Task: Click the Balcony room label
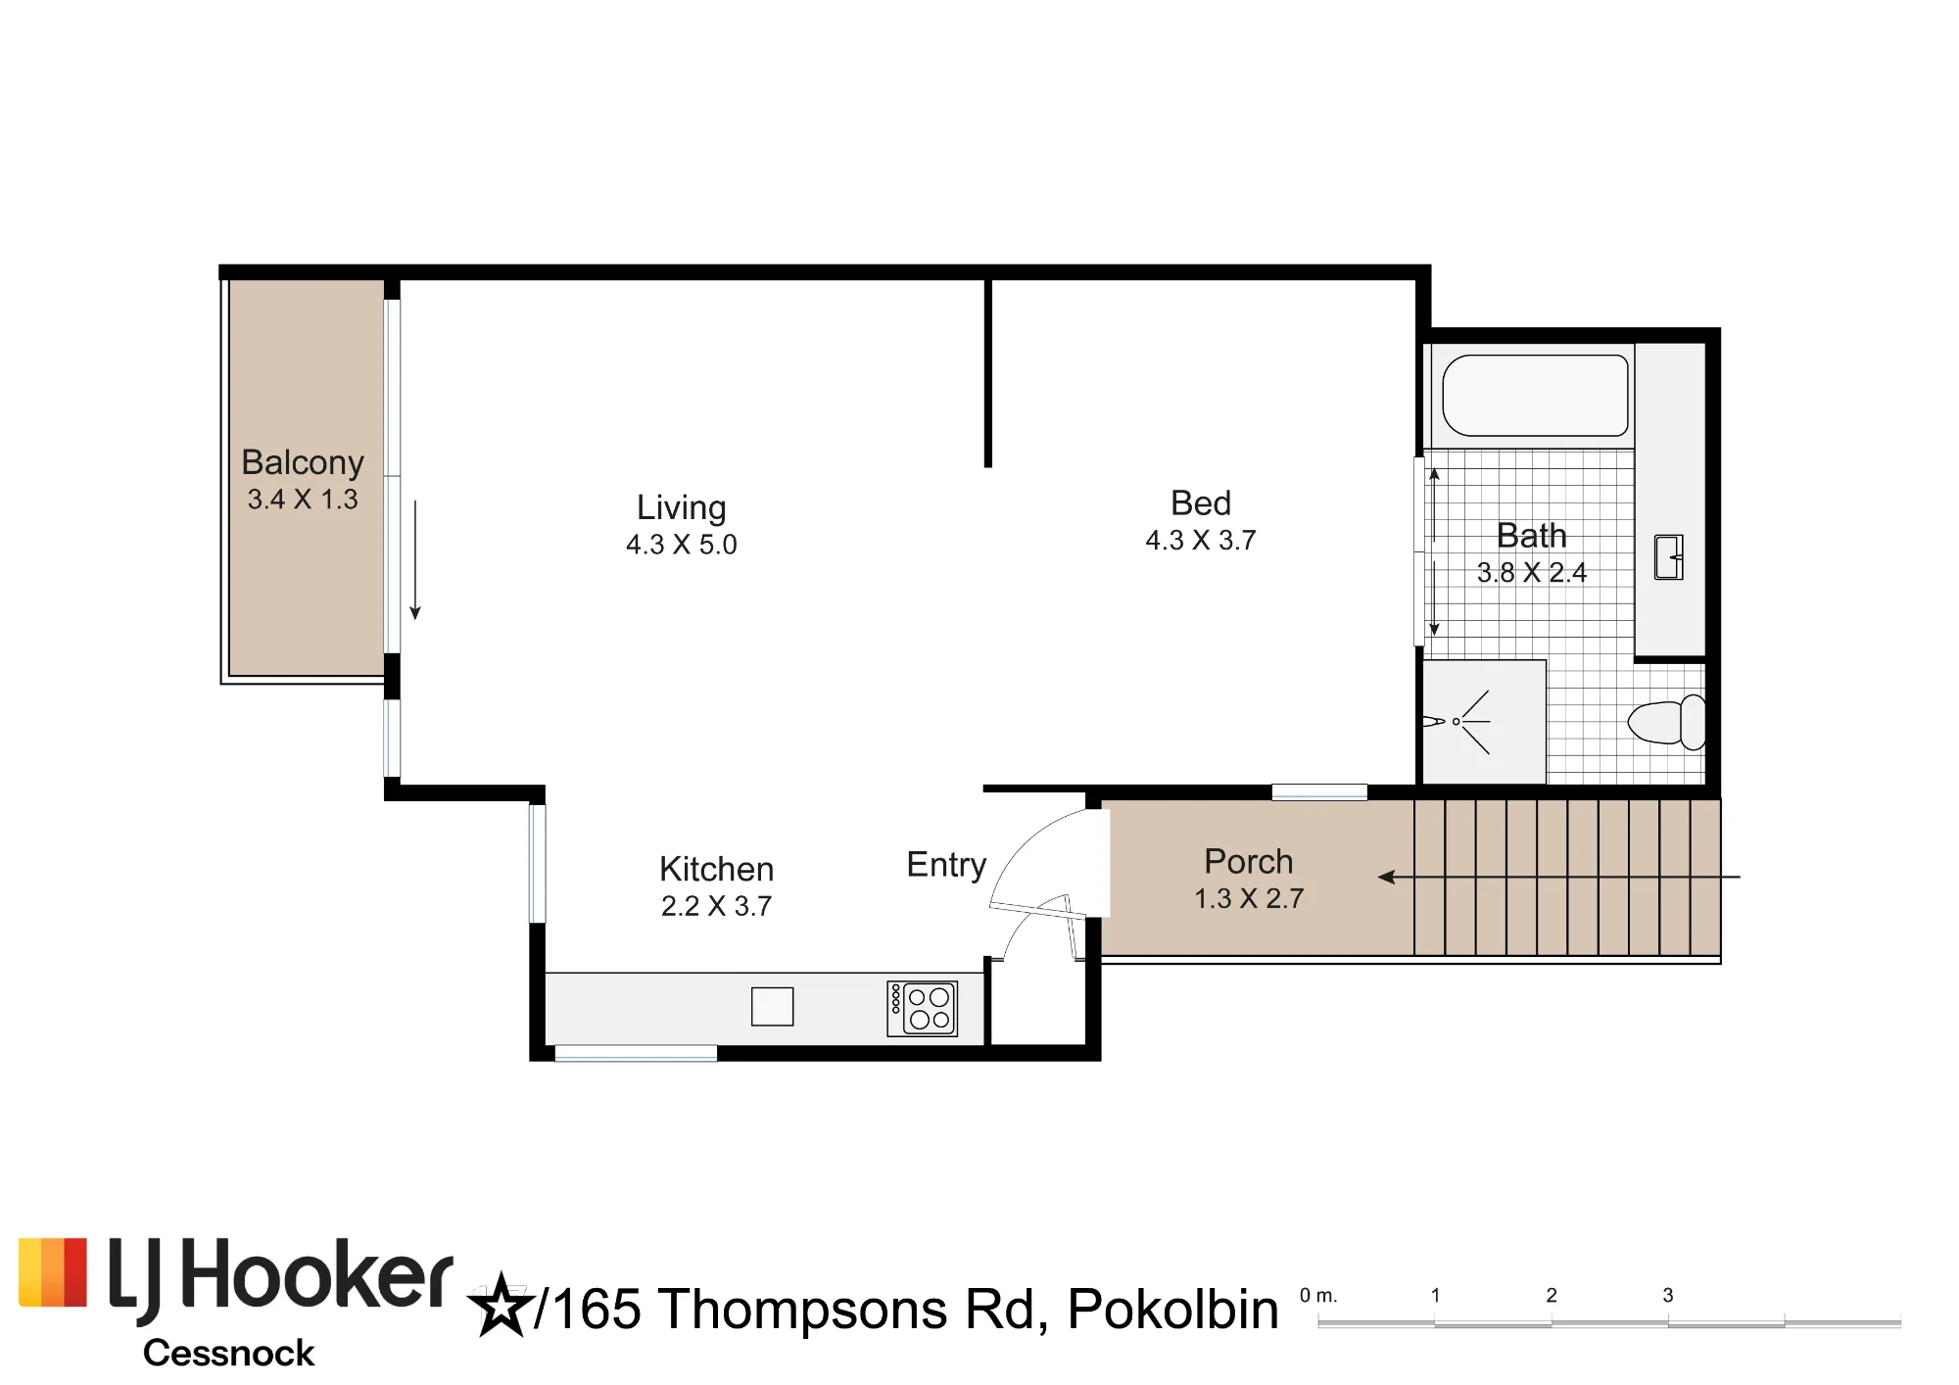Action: [303, 462]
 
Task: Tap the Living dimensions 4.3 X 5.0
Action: [682, 545]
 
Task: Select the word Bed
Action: [1201, 503]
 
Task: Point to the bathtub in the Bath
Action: [1535, 396]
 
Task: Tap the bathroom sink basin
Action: [1669, 557]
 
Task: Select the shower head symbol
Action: [1457, 722]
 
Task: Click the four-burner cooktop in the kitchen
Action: [922, 1009]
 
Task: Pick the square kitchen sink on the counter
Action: [772, 1007]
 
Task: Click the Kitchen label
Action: [717, 870]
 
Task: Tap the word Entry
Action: [946, 866]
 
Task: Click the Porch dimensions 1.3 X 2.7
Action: [1249, 899]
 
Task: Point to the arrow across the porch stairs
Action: [1558, 877]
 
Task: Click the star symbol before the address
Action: [502, 1306]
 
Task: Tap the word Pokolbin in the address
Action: [1173, 1310]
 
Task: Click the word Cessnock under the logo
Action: [228, 1354]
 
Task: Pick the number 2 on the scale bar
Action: [1552, 1295]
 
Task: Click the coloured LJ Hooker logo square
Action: [53, 1272]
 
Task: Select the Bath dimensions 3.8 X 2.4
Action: [1532, 573]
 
